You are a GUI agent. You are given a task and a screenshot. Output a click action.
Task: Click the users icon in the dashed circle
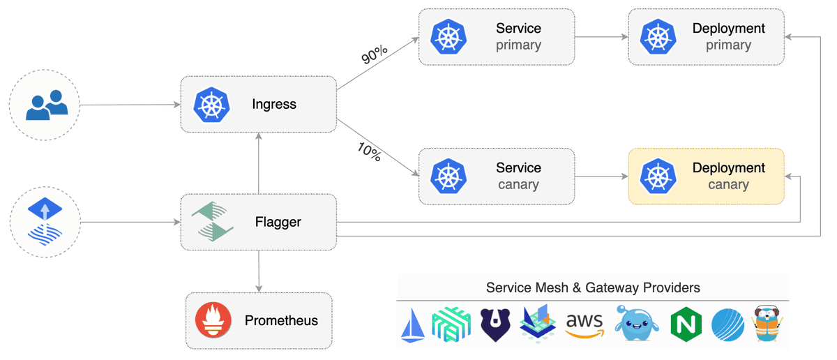[46, 105]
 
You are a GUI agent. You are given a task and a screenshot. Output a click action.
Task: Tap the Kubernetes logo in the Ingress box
[211, 105]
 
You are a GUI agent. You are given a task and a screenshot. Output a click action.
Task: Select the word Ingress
[274, 105]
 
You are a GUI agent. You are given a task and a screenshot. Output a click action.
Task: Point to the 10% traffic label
[369, 153]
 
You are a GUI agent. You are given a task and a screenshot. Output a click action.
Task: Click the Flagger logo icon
[212, 222]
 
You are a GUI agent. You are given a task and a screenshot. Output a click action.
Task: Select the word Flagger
[278, 222]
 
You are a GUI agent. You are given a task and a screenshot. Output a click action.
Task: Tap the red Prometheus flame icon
[213, 321]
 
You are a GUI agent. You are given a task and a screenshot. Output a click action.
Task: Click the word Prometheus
[281, 321]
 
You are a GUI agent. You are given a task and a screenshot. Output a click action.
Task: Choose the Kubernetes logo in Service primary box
[448, 37]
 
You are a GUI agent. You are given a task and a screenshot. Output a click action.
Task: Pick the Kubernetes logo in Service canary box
[448, 176]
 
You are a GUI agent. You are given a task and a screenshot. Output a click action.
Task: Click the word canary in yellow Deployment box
[728, 185]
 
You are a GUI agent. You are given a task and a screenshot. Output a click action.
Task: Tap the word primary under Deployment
[728, 45]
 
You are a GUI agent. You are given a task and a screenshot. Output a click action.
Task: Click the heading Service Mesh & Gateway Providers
[593, 287]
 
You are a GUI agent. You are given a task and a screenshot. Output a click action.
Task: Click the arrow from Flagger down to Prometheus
[259, 271]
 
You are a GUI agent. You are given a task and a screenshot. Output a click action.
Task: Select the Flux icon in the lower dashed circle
[45, 223]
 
